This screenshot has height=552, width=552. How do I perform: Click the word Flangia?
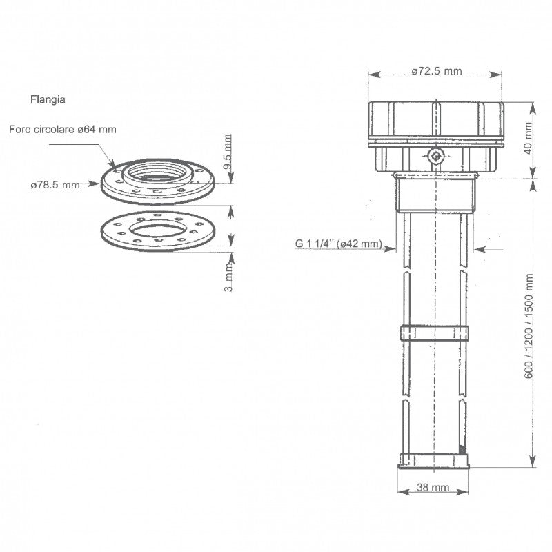coord(48,99)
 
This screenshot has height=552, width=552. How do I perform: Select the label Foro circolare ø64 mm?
coord(63,128)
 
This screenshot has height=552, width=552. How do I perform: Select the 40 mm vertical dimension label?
coord(530,140)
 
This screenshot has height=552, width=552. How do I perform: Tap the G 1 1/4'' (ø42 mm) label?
coord(338,243)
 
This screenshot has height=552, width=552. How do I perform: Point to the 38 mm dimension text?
coord(433,487)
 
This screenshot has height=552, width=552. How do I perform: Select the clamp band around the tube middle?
coord(435,332)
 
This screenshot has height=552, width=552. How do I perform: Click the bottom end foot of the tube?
coord(435,461)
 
